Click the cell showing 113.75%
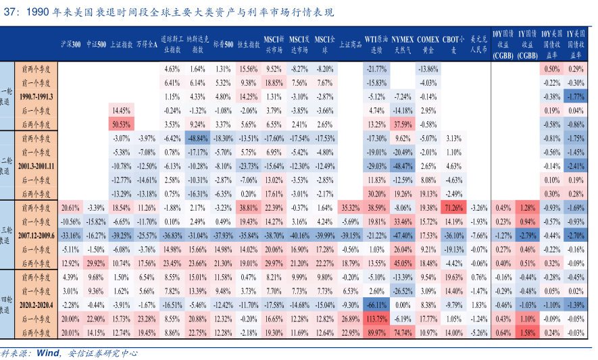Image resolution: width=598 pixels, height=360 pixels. coord(376,318)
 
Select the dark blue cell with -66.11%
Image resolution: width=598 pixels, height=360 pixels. coord(376,305)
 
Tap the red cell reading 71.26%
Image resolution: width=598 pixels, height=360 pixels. coord(453,207)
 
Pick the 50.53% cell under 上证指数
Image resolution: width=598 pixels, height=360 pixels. coord(121,124)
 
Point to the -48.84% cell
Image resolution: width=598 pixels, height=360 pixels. coord(197,138)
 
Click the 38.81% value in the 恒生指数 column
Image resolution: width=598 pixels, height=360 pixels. coord(249,207)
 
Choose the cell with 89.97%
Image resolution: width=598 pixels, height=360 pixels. coord(376,332)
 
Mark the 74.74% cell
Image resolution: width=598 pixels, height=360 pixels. coord(403,332)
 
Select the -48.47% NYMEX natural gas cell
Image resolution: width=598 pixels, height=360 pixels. coord(403,165)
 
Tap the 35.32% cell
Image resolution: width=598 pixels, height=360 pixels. coord(349,207)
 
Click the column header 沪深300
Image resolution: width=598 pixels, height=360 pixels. coord(70,45)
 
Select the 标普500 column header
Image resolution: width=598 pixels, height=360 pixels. coord(223,45)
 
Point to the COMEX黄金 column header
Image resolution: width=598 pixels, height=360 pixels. coord(427,45)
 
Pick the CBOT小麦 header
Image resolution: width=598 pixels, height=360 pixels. coord(453,45)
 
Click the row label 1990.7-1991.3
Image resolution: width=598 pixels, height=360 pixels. coord(36,97)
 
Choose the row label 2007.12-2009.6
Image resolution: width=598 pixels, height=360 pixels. coord(36,235)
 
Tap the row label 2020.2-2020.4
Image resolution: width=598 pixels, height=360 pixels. coord(36,305)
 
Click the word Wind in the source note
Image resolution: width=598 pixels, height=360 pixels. coord(48,353)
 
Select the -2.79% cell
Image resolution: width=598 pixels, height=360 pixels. coord(527,235)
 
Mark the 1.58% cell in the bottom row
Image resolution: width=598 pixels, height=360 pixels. coord(527,332)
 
